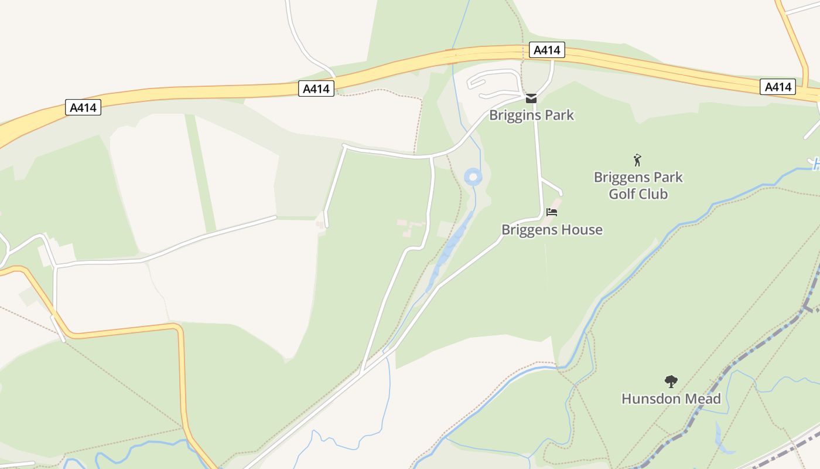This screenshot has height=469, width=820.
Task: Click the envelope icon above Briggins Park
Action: click(x=531, y=98)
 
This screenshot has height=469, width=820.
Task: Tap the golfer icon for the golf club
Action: click(x=637, y=159)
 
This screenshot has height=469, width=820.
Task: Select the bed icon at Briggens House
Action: click(x=552, y=212)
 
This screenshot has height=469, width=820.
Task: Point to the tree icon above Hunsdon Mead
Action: click(x=671, y=382)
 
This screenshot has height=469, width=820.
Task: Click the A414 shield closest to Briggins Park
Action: click(x=547, y=50)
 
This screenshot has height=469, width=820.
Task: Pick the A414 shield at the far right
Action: click(x=778, y=87)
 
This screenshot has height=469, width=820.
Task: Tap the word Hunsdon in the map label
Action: click(x=648, y=399)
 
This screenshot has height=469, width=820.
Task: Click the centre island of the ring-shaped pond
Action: click(x=473, y=176)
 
